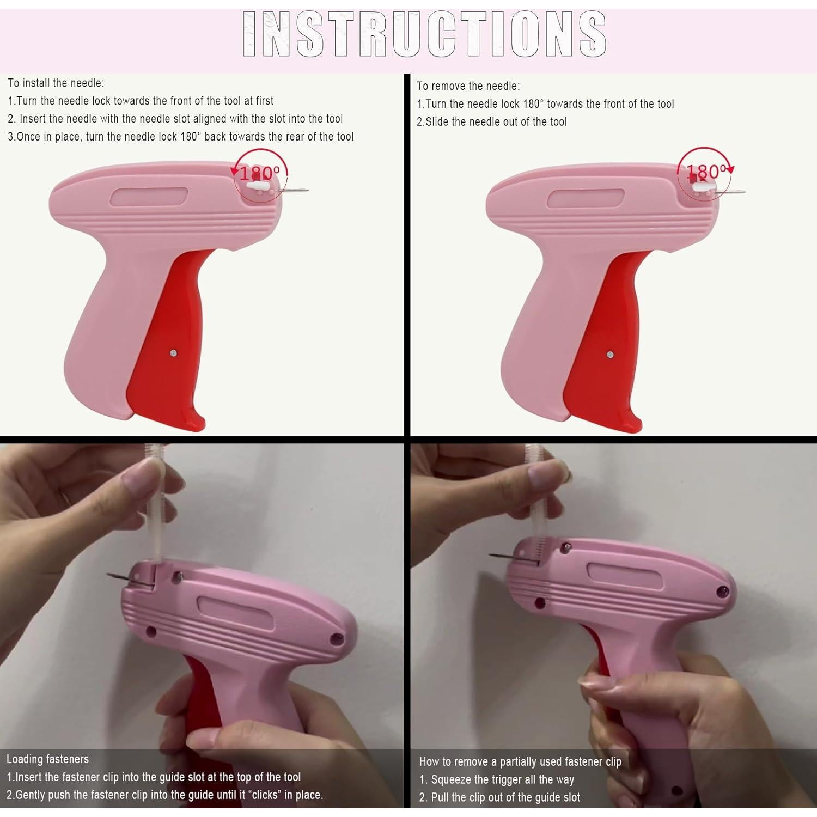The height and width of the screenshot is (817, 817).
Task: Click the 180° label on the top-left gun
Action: click(259, 173)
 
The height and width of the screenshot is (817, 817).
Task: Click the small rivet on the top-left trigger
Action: click(173, 353)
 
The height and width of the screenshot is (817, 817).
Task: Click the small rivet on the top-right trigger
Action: click(610, 355)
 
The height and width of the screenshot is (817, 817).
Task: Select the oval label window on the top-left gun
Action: click(149, 197)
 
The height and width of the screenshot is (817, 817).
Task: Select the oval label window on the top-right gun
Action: click(586, 198)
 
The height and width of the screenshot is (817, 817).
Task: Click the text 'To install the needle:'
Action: click(56, 83)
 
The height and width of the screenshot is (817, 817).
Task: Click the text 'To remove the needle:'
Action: click(468, 86)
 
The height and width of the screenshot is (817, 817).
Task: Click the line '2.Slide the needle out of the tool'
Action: click(491, 122)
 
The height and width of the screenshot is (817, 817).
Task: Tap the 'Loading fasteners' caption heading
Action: click(47, 759)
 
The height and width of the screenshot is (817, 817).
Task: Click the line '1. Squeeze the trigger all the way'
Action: click(497, 779)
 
